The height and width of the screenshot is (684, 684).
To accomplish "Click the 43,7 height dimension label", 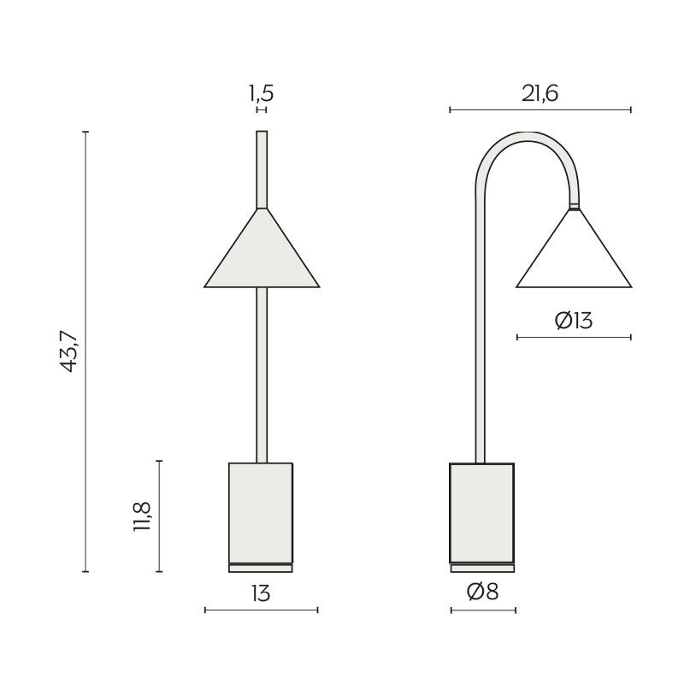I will click(x=70, y=351).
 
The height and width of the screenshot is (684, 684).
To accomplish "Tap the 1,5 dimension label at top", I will click(x=262, y=93).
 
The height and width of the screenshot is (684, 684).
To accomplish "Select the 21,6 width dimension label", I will click(x=540, y=93).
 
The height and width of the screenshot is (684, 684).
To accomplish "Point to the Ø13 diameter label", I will click(x=574, y=321).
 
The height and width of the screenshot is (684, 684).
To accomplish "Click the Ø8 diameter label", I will click(x=482, y=592).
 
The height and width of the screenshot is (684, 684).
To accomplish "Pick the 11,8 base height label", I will click(x=142, y=516).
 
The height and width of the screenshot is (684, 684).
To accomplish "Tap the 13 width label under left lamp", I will click(x=261, y=593).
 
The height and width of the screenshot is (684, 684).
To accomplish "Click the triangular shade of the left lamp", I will click(x=262, y=256).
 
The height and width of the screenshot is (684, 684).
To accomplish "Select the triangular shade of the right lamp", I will click(x=574, y=256).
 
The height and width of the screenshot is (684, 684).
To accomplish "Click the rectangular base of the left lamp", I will click(x=261, y=513).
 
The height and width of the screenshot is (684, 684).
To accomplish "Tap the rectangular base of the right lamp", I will click(x=482, y=513).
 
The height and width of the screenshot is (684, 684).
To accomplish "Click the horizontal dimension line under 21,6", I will click(x=540, y=109).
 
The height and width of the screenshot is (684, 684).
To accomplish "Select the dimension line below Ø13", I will click(x=574, y=338).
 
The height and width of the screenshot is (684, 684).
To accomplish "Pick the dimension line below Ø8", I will click(x=483, y=610).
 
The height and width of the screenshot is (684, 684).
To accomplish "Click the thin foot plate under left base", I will click(x=261, y=568).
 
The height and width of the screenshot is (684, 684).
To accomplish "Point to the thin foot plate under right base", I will click(x=482, y=568).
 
